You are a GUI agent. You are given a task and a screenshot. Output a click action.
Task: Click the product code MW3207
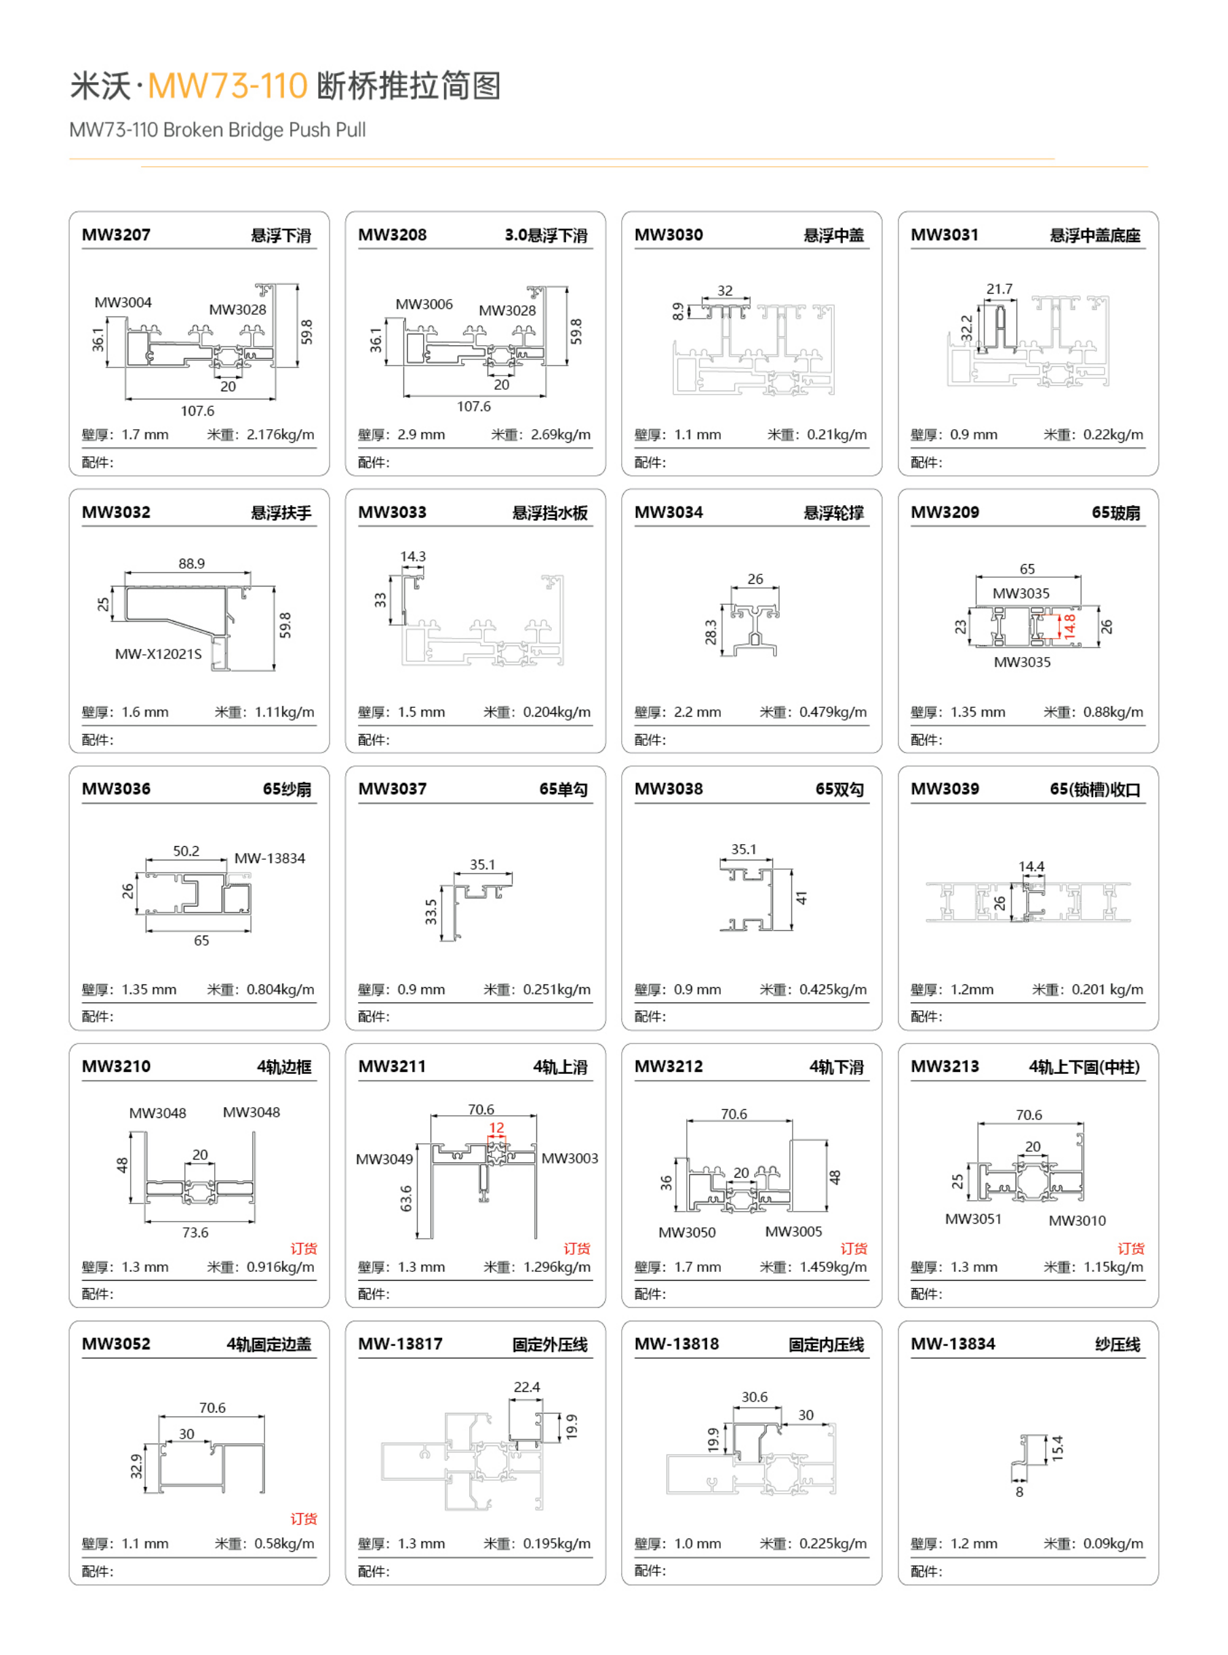(x=116, y=235)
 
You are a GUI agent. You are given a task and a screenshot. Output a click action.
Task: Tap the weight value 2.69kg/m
(x=561, y=435)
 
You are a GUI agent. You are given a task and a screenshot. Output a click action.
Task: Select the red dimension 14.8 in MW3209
(x=1069, y=626)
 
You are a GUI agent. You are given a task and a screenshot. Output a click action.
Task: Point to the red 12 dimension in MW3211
(x=496, y=1128)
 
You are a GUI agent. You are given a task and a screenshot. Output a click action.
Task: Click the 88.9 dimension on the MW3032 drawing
(x=192, y=563)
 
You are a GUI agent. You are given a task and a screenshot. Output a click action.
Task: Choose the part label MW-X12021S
(x=159, y=654)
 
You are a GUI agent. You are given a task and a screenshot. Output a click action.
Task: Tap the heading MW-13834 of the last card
(x=953, y=1344)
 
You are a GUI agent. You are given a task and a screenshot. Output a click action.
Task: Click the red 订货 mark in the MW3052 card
(x=303, y=1518)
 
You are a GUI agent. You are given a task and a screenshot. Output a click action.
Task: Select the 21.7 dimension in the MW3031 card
(x=999, y=289)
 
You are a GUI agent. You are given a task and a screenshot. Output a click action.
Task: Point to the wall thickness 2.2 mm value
(x=697, y=712)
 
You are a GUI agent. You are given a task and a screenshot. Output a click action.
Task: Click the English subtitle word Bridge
(x=258, y=130)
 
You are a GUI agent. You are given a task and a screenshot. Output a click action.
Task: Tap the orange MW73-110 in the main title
(x=227, y=85)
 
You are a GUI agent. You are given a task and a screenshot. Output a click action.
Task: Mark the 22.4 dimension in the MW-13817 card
(x=527, y=1387)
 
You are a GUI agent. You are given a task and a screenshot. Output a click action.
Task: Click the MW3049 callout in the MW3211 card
(x=384, y=1159)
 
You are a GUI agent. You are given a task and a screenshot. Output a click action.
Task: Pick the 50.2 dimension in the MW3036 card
(x=186, y=851)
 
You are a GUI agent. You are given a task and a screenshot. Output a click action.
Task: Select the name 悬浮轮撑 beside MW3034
(x=833, y=513)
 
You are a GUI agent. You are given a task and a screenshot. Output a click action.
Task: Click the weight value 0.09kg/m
(x=1113, y=1544)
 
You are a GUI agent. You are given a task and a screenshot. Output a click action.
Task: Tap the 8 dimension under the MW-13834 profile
(x=1019, y=1492)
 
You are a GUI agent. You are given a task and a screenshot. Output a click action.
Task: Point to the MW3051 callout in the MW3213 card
(x=973, y=1220)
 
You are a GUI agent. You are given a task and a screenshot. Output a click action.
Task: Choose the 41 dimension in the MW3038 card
(x=801, y=898)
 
